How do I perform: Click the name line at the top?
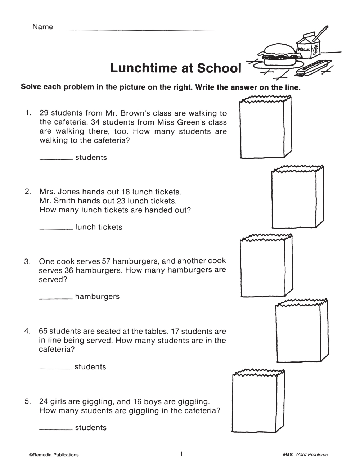137,30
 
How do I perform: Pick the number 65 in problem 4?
44,331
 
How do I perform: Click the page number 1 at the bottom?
181,454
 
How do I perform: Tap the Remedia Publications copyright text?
54,455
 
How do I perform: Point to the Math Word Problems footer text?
305,455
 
